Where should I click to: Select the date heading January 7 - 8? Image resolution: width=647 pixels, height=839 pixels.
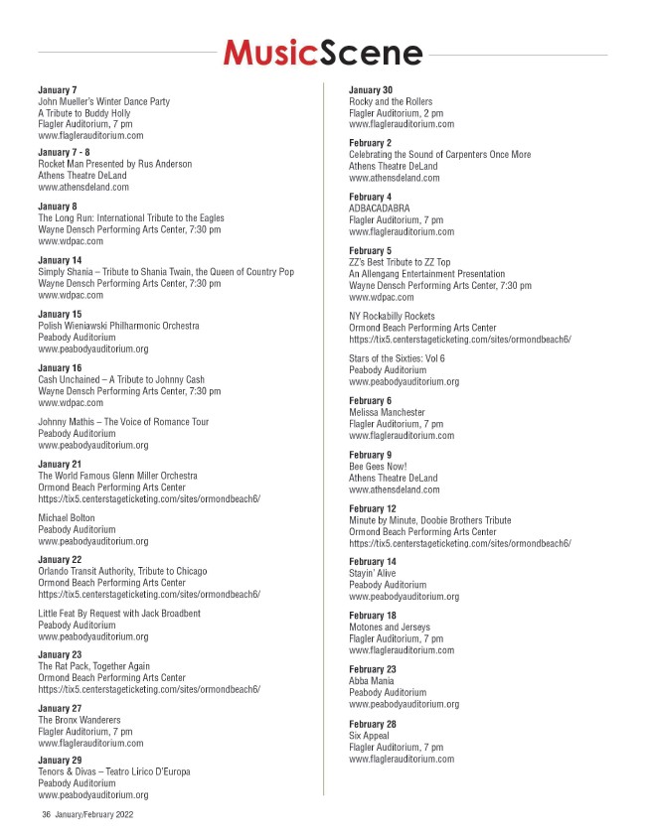[x=63, y=152]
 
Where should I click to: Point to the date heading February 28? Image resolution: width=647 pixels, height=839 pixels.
[x=372, y=723]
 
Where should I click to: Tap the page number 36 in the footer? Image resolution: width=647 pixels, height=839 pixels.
[x=46, y=814]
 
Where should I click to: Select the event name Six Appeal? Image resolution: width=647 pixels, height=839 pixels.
[x=369, y=736]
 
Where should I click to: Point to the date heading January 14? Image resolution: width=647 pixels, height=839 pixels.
[x=60, y=259]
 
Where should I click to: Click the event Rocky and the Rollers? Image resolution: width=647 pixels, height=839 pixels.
[x=391, y=102]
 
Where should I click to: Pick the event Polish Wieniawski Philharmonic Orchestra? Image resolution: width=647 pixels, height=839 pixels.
[x=118, y=326]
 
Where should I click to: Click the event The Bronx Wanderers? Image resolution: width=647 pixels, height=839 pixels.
[x=79, y=719]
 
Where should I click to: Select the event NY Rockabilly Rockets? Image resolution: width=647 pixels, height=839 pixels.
[x=392, y=316]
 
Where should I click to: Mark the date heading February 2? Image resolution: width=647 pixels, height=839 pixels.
[x=369, y=143]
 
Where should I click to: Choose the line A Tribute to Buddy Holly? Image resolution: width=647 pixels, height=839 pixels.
[x=83, y=113]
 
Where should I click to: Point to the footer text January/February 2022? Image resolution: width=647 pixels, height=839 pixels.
[x=94, y=814]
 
